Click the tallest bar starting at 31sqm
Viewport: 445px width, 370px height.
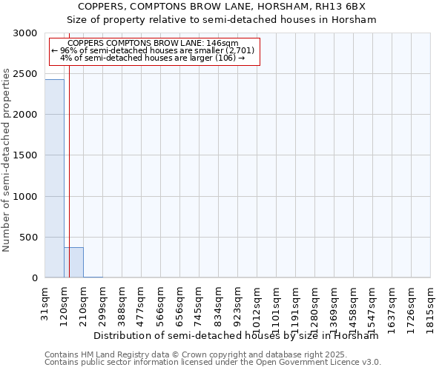click(54, 178)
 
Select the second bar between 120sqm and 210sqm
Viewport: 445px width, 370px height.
click(73, 262)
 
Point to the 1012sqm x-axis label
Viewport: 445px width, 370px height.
click(257, 302)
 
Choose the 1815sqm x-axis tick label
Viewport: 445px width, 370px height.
click(430, 302)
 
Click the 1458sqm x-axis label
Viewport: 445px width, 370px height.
click(353, 302)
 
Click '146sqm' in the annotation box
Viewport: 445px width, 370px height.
click(223, 44)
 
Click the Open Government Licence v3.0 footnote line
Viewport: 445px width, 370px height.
click(212, 362)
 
